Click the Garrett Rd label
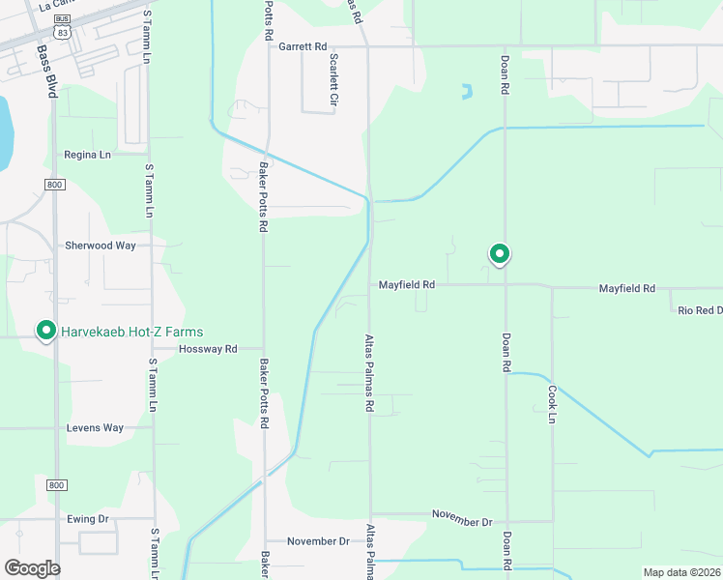[x=303, y=45]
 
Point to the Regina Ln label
[x=88, y=155]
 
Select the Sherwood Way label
[x=101, y=246]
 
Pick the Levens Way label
[x=96, y=427]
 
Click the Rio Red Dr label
[x=700, y=310]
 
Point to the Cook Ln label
[x=553, y=404]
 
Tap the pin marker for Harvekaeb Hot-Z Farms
[x=44, y=331]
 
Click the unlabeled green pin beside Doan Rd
[x=500, y=254]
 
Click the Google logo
[x=32, y=568]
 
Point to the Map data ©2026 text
[x=680, y=572]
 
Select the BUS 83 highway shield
[x=63, y=26]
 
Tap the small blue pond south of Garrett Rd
[x=467, y=93]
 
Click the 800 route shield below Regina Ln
[x=54, y=184]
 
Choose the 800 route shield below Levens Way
[x=56, y=484]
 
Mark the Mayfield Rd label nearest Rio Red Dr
[x=626, y=289]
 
